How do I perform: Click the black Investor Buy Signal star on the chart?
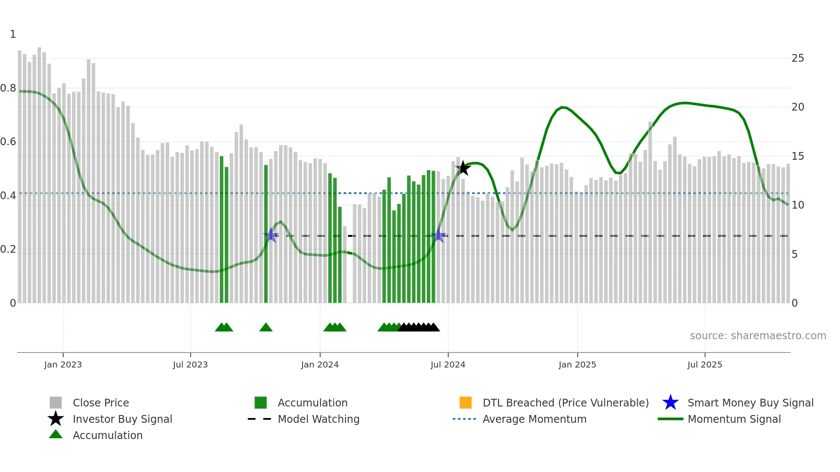(463, 168)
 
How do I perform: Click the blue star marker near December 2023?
(271, 235)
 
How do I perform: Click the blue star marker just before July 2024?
(439, 235)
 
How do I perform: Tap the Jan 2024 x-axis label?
(320, 364)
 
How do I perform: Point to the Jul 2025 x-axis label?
(705, 364)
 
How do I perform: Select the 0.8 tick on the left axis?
(8, 88)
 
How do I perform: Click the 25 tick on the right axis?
(798, 58)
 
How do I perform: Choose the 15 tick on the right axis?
(798, 156)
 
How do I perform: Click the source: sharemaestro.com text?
(758, 335)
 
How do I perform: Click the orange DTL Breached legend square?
(465, 403)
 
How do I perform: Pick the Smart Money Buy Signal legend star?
(670, 403)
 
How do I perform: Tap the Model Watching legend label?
(318, 419)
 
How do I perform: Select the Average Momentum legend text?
(534, 419)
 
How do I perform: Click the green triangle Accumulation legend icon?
(56, 434)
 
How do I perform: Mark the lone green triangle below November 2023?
(266, 328)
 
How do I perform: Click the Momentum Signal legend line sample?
(670, 419)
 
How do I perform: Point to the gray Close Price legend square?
(56, 403)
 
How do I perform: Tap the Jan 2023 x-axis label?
(63, 364)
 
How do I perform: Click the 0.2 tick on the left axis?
(8, 249)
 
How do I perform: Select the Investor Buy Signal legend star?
(56, 419)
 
